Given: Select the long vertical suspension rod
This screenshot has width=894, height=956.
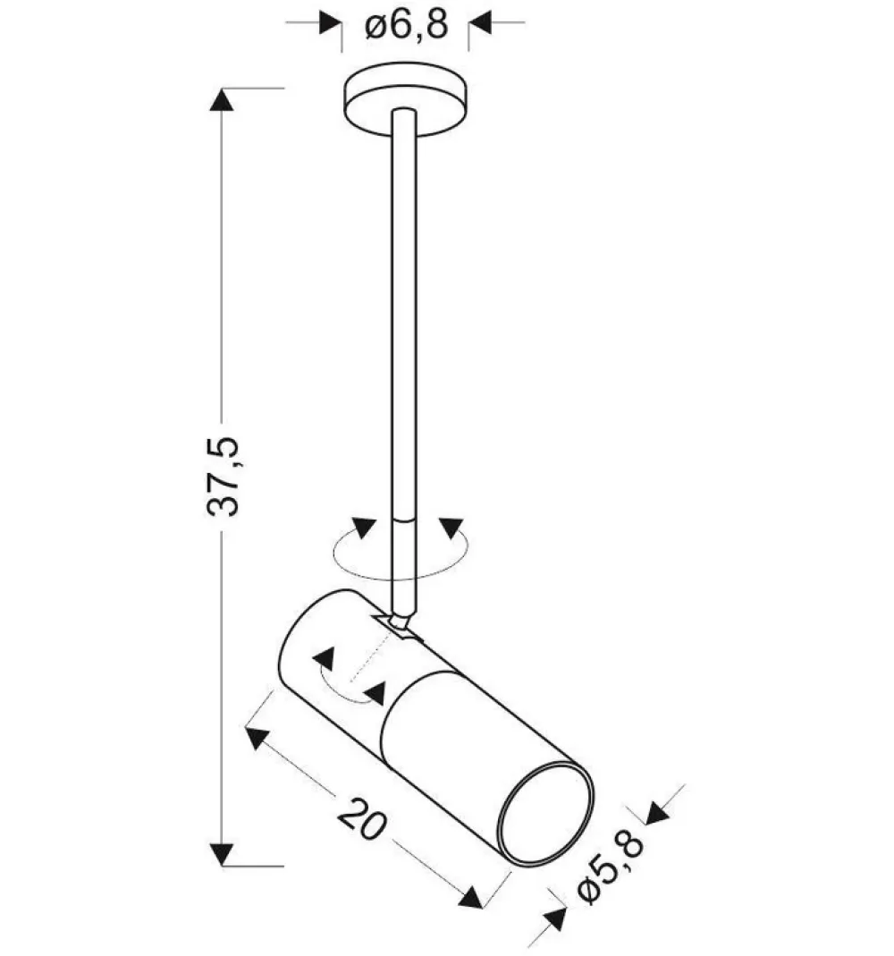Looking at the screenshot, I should [x=403, y=313].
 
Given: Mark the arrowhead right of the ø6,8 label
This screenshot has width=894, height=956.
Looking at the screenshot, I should [x=480, y=23].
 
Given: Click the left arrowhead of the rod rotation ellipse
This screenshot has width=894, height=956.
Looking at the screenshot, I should [x=362, y=528].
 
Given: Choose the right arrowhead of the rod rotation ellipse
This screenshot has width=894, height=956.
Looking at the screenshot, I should [x=450, y=528].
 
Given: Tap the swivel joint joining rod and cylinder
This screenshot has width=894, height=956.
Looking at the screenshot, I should [x=400, y=623].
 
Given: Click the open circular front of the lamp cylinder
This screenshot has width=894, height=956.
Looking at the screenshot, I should [x=545, y=815].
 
